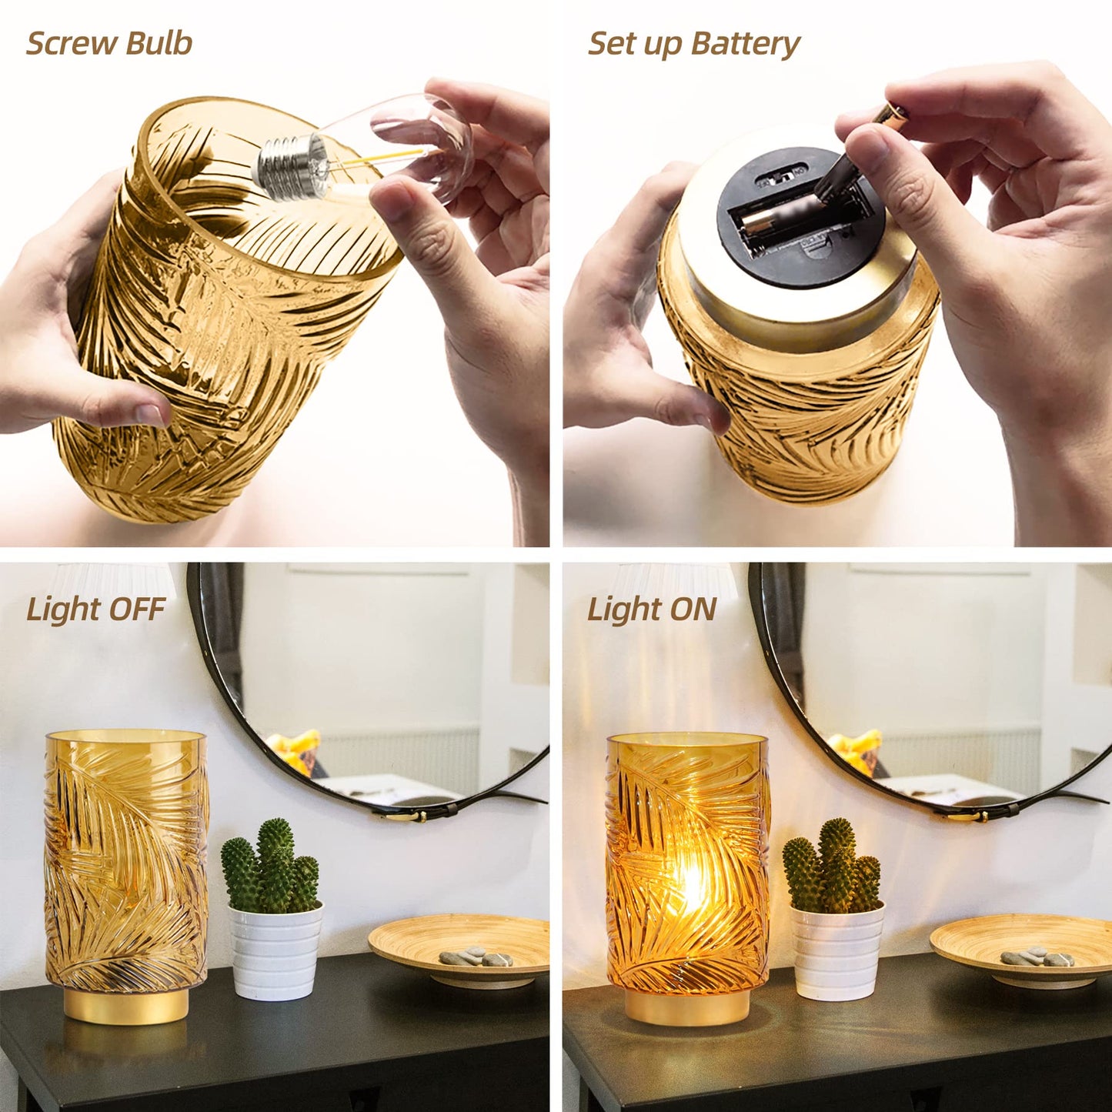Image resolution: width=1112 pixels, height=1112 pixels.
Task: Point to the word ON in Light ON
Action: (693, 609)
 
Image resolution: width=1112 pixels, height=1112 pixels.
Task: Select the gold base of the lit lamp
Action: (688, 1006)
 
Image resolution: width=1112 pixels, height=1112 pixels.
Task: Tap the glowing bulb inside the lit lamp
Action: (690, 885)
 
